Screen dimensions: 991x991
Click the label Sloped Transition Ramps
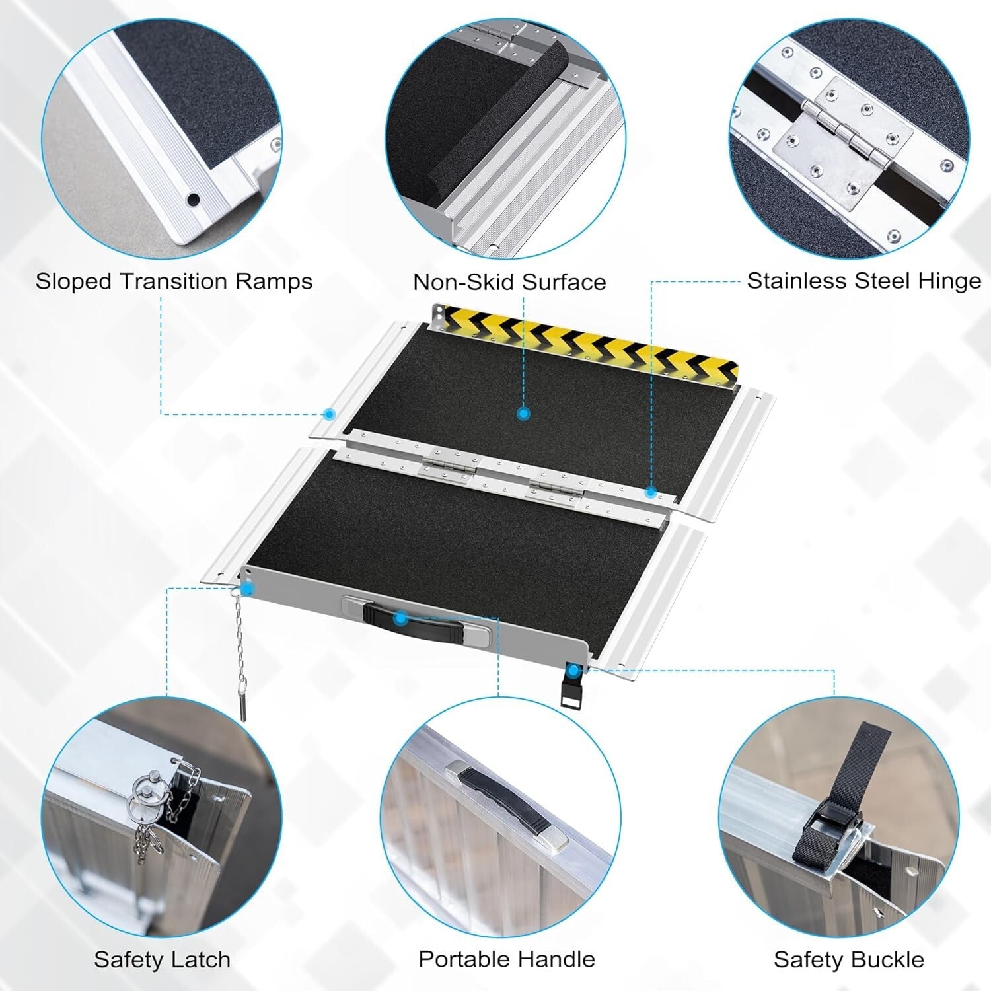pyautogui.click(x=174, y=281)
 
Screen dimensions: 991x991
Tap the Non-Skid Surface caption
pyautogui.click(x=509, y=283)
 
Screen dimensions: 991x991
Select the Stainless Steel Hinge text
pyautogui.click(x=863, y=281)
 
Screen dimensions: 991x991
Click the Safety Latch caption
pyautogui.click(x=162, y=959)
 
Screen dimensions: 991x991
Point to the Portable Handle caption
pyautogui.click(x=506, y=958)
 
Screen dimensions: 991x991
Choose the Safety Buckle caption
pyautogui.click(x=848, y=959)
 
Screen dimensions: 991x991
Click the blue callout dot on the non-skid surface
pyautogui.click(x=523, y=414)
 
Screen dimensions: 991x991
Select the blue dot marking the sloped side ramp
pyautogui.click(x=329, y=414)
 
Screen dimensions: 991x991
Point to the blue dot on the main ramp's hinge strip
pyautogui.click(x=650, y=492)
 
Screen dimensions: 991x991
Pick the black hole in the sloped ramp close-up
pyautogui.click(x=193, y=199)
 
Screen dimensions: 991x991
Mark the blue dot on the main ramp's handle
pyautogui.click(x=399, y=618)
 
